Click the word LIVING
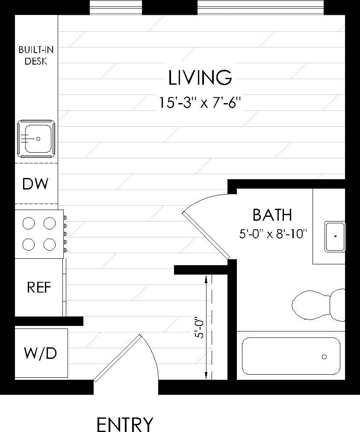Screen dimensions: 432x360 pyautogui.click(x=200, y=78)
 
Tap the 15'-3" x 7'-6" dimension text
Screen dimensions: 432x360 pyautogui.click(x=200, y=103)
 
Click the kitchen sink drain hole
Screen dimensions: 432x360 pyautogui.click(x=38, y=139)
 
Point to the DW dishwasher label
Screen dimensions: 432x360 pyautogui.click(x=35, y=184)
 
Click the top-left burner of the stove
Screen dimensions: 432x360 pyautogui.click(x=28, y=223)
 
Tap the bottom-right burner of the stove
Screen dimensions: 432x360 pyautogui.click(x=50, y=244)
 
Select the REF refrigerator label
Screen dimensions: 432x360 pyautogui.click(x=39, y=287)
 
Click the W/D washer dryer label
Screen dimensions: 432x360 pyautogui.click(x=40, y=354)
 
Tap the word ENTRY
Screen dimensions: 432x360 pyautogui.click(x=124, y=425)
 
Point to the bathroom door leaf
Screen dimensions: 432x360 pyautogui.click(x=206, y=235)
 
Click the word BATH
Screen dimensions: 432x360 pyautogui.click(x=272, y=215)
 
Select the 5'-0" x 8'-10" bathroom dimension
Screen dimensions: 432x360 pyautogui.click(x=274, y=234)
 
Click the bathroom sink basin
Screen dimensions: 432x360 pyautogui.click(x=335, y=236)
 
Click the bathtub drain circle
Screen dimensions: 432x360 pyautogui.click(x=325, y=357)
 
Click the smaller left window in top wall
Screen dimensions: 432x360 pyautogui.click(x=116, y=7)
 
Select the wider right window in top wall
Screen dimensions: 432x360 pyautogui.click(x=261, y=7)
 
